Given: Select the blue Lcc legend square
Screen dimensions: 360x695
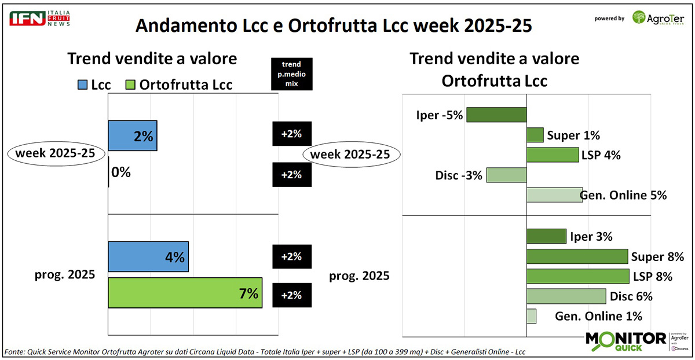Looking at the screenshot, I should [x=83, y=85].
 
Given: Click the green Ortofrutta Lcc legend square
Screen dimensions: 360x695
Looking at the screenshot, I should [x=130, y=85].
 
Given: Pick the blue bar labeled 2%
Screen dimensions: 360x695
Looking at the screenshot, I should [x=132, y=136].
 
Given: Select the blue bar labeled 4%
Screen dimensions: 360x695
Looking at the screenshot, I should [x=148, y=256].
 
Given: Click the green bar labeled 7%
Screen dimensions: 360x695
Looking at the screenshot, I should [x=185, y=293].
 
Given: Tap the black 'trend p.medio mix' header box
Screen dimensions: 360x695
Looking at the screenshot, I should [x=292, y=74].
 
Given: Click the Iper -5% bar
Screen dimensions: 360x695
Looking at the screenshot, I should [x=496, y=115].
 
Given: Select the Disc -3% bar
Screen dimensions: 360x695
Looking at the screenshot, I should [x=506, y=175].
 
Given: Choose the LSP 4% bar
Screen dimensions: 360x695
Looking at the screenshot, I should [x=553, y=155].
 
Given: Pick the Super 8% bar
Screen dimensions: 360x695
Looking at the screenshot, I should [x=577, y=256].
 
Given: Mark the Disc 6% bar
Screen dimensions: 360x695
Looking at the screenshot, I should [x=566, y=296].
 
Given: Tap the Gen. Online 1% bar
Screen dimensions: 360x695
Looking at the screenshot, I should [x=531, y=316].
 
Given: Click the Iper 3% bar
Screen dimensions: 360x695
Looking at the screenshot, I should [x=546, y=236].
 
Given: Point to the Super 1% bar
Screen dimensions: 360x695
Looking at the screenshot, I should [x=535, y=135].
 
